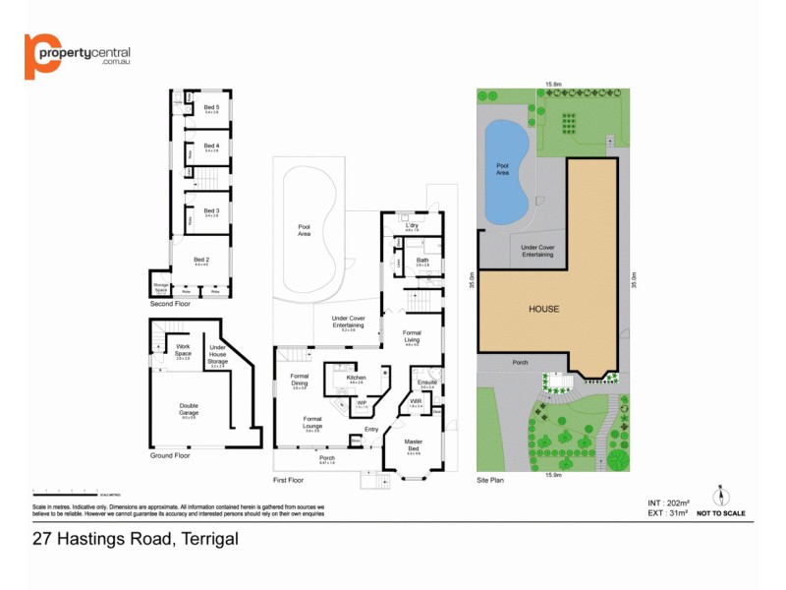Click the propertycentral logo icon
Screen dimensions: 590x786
[x=41, y=56]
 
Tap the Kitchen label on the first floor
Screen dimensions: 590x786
[x=356, y=379]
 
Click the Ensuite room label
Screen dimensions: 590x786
[x=426, y=383]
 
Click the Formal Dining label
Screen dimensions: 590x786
[x=300, y=380]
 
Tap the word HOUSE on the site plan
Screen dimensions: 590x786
[x=543, y=309]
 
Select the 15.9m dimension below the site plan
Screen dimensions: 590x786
[x=551, y=477]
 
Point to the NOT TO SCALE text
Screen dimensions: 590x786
[x=720, y=513]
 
